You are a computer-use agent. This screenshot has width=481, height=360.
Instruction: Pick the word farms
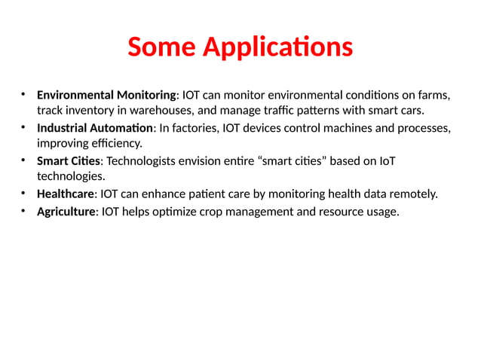(433, 95)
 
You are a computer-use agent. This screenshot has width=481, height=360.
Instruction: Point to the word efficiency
(115, 143)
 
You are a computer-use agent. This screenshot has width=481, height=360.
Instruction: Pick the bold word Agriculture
(66, 211)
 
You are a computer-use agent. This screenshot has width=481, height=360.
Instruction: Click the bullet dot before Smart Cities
(24, 160)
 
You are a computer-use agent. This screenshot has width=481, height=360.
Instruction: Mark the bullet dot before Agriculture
(24, 210)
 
